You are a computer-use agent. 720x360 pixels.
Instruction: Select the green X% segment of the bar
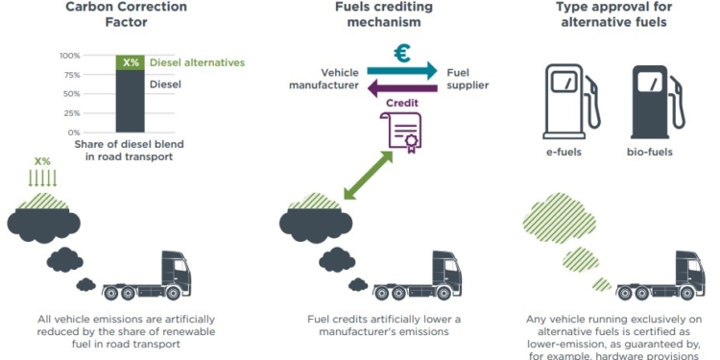point(131,63)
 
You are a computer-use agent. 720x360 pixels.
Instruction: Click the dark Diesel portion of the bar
point(131,101)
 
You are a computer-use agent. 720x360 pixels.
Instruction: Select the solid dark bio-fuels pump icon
point(656,97)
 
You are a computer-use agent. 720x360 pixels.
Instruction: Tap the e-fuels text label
point(564,152)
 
